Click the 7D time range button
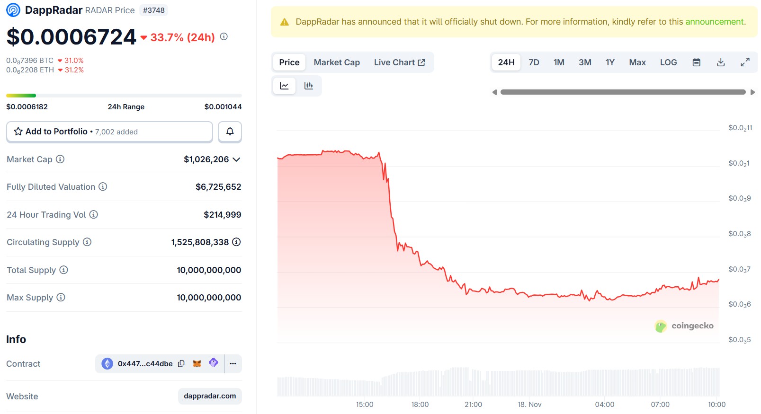[534, 62]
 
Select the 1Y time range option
[610, 62]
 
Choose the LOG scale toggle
[668, 62]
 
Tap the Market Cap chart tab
[337, 62]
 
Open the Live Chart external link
[399, 62]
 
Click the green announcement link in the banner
[715, 22]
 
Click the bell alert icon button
[230, 132]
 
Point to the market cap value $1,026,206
[206, 159]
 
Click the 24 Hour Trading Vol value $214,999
[222, 215]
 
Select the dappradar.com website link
[210, 396]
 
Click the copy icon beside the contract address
[181, 364]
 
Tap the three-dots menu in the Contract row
[233, 364]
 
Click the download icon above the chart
[721, 62]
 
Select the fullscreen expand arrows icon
[745, 62]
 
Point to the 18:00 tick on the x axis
[420, 405]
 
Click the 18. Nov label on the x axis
[529, 405]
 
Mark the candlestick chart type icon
[309, 86]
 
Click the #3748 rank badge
[154, 10]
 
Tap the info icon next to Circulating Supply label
[87, 242]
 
